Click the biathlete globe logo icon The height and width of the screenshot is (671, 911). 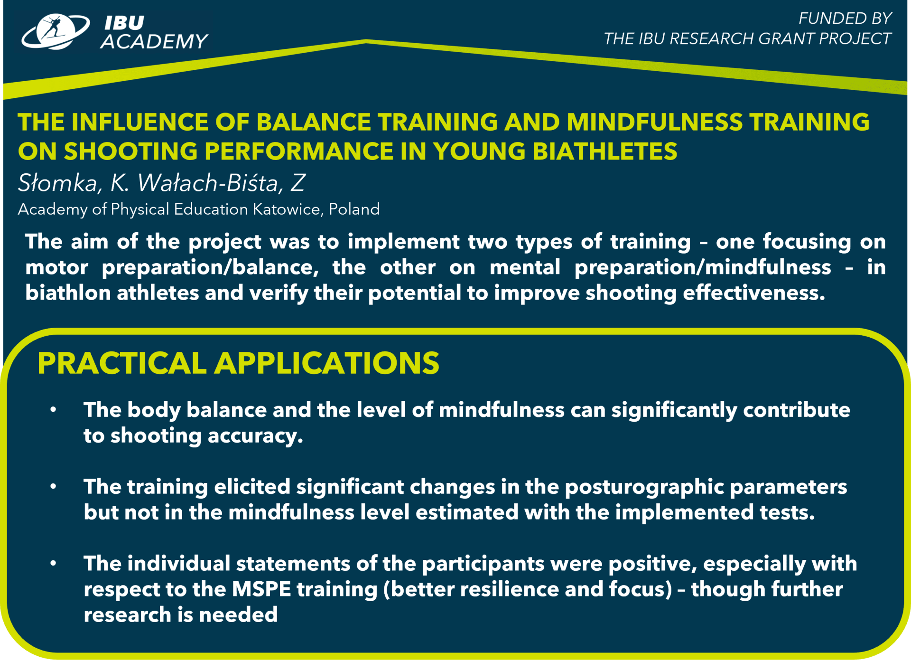point(56,32)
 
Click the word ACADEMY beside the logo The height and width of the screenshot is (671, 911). point(155,42)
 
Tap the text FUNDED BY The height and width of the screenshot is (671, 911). point(845,19)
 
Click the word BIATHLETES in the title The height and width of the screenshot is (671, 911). point(605,151)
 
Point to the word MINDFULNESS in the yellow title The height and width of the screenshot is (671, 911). point(655,122)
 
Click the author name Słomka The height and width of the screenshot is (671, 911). point(58,183)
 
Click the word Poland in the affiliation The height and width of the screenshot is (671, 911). point(354,209)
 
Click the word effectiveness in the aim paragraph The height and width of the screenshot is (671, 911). point(754,293)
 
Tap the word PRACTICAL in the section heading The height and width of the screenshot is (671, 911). point(122,363)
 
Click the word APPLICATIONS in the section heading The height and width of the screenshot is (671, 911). point(327,363)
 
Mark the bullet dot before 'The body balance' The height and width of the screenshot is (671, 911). point(53,409)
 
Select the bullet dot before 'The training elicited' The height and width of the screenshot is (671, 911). point(53,486)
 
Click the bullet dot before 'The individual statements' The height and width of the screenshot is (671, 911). point(53,563)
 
